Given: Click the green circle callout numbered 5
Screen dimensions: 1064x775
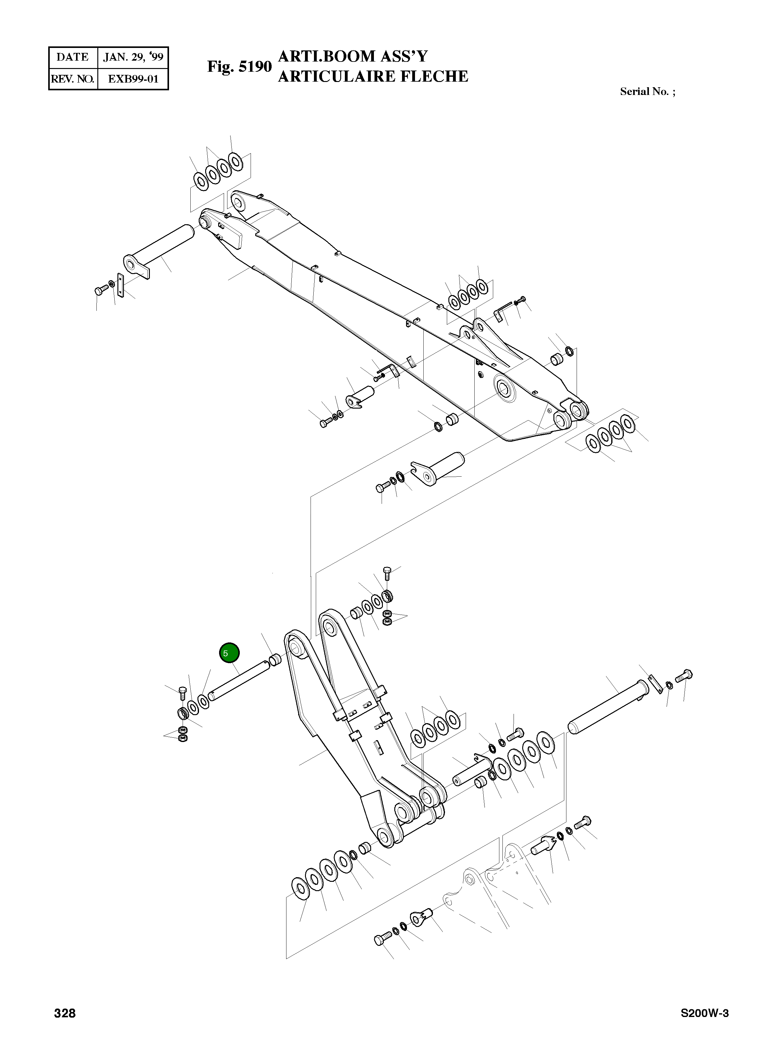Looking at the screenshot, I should (x=229, y=653).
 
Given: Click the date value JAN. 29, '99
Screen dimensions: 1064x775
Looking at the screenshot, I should (x=133, y=57).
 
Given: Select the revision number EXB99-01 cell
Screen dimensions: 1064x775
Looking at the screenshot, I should (x=133, y=79).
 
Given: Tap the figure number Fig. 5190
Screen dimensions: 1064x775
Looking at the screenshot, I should (x=239, y=67).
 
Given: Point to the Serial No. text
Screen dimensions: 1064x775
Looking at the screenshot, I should (x=647, y=92).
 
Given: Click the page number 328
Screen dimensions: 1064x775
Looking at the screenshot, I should (x=65, y=1027).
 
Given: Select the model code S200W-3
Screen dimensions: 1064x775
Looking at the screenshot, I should (x=705, y=1027).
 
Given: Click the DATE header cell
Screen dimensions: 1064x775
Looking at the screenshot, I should (x=73, y=57).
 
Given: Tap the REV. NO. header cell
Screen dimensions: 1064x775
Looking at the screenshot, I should (x=73, y=79).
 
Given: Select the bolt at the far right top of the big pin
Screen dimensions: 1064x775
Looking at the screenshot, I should (x=684, y=676).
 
